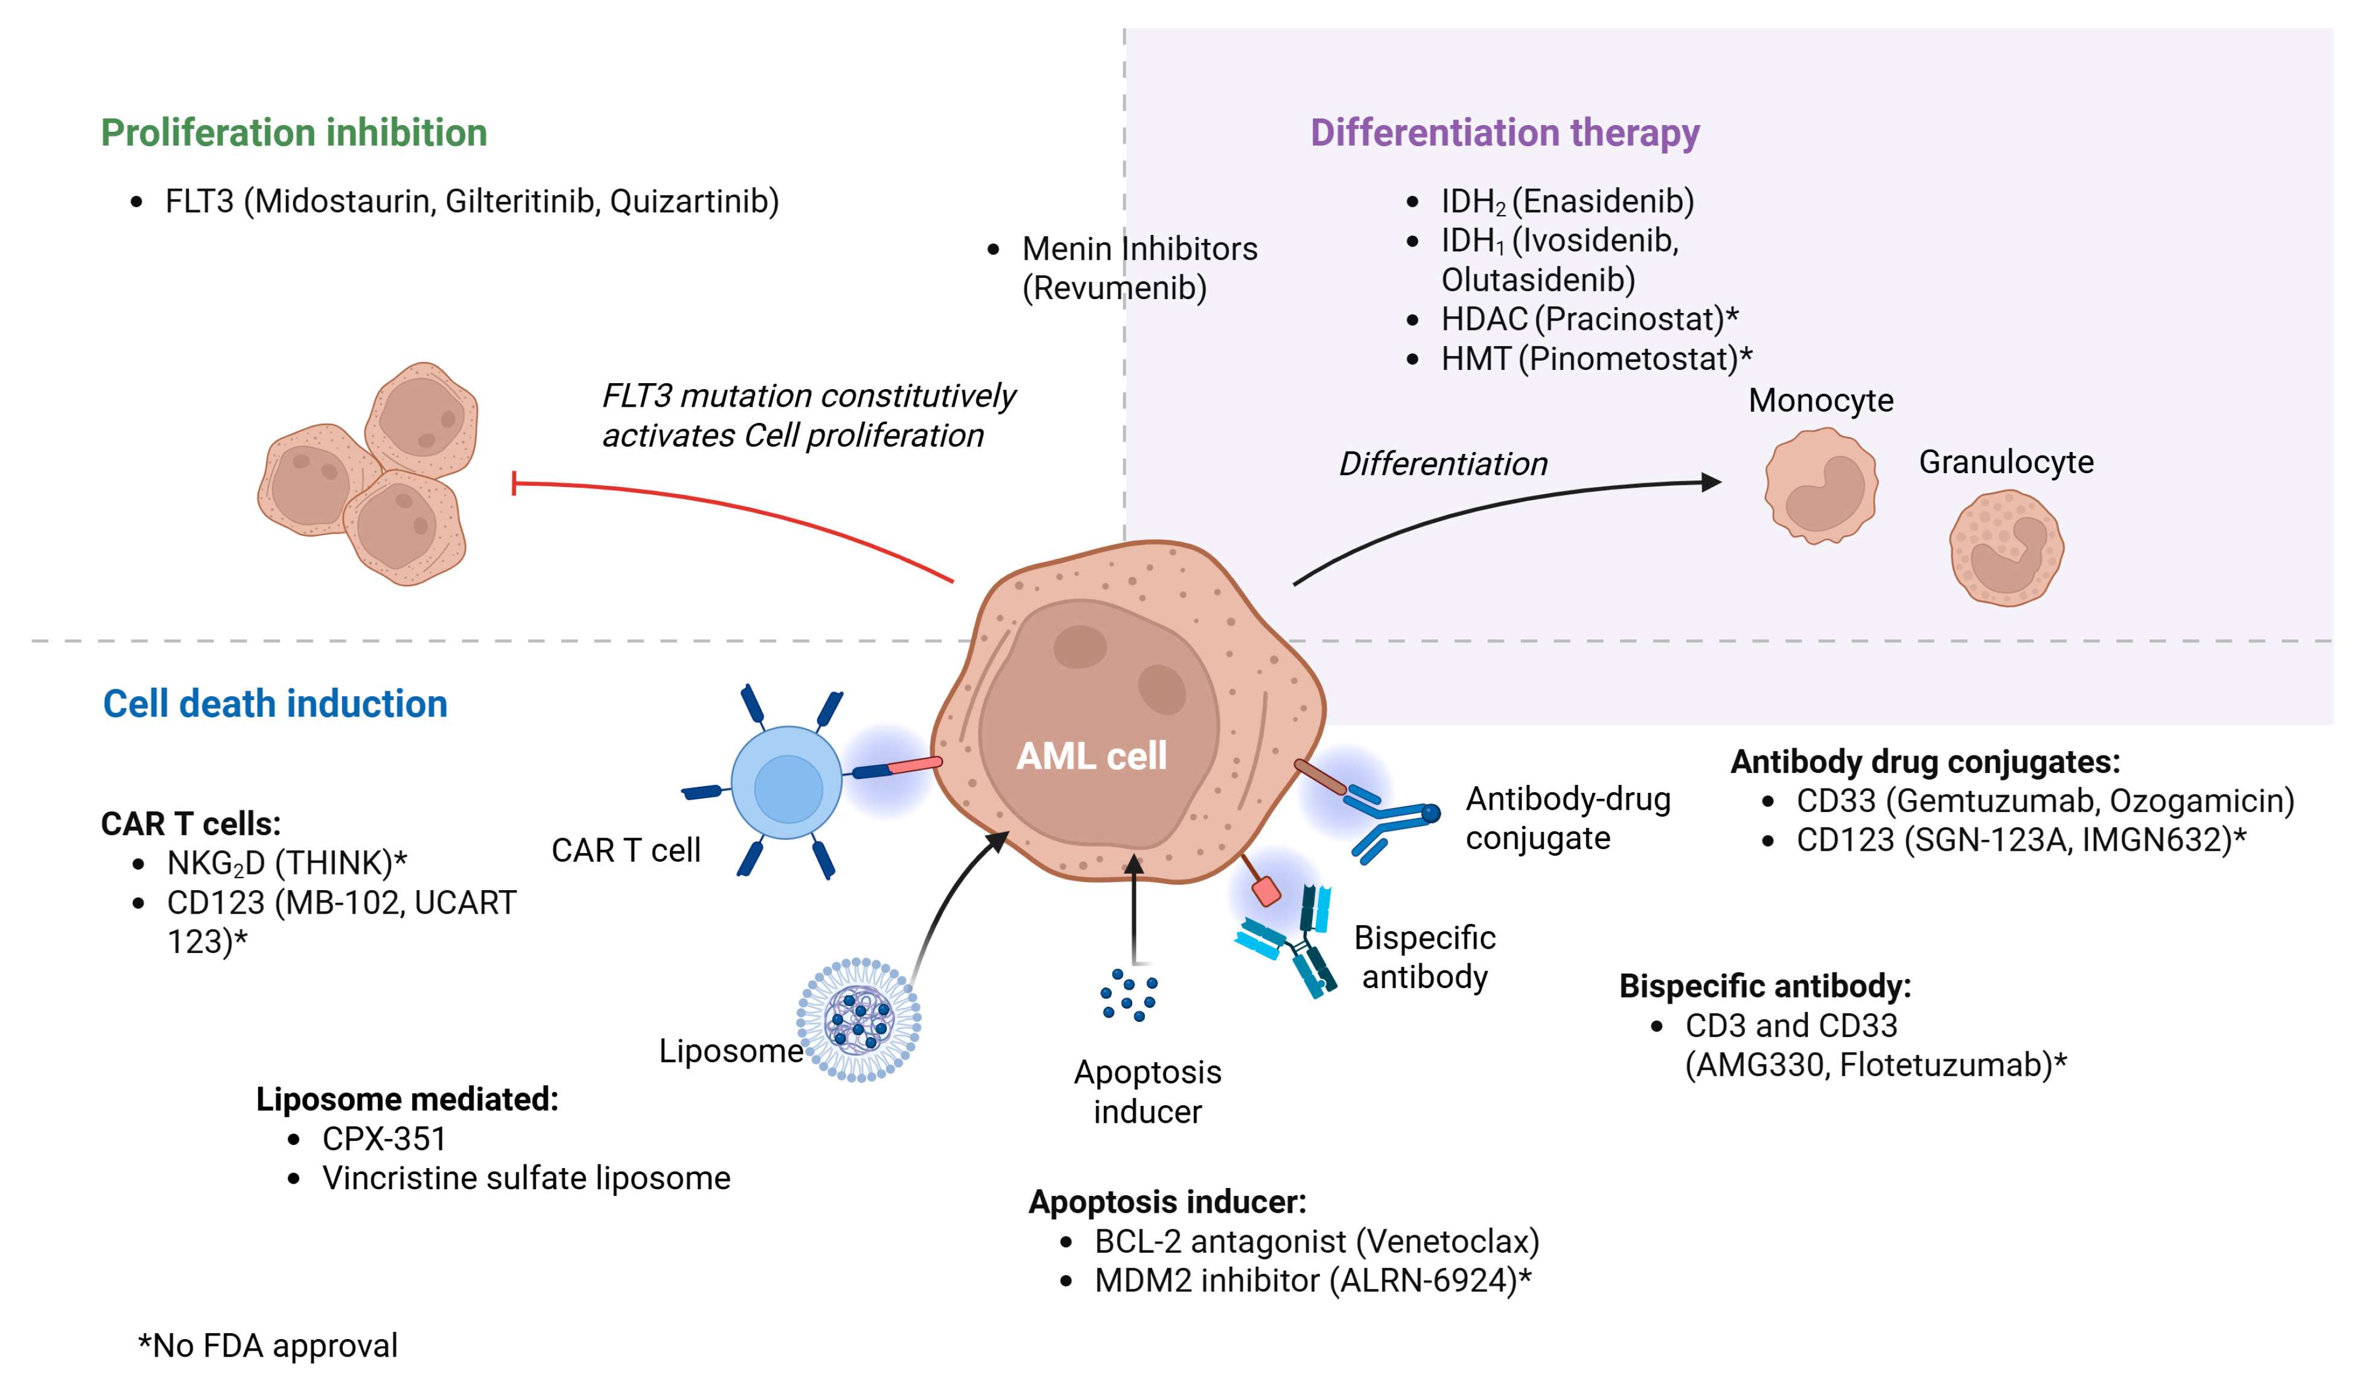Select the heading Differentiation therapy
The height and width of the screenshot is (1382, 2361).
[1504, 133]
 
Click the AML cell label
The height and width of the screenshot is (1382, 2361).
[1092, 756]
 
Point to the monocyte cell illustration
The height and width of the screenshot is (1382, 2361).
[1821, 485]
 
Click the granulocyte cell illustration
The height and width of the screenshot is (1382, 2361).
[2006, 548]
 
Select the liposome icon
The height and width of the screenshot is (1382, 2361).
[859, 1019]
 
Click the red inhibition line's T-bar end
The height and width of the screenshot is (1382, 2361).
[514, 483]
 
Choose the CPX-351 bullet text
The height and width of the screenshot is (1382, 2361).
[384, 1138]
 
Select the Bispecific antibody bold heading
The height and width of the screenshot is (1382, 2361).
[1765, 986]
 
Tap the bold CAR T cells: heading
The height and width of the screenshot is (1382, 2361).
[191, 824]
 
